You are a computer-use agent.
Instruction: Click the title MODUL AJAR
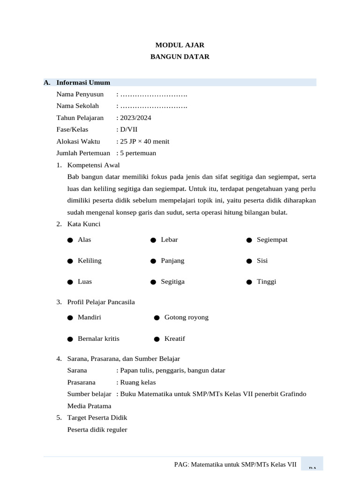(x=180, y=45)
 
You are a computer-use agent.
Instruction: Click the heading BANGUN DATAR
(x=180, y=57)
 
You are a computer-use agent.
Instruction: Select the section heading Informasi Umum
(x=83, y=82)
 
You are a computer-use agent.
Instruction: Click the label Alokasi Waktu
(x=78, y=141)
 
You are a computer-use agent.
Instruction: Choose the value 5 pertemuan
(x=138, y=153)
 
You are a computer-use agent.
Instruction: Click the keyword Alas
(x=84, y=240)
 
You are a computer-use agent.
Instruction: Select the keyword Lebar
(x=169, y=240)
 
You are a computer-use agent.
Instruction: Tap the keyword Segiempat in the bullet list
(x=272, y=240)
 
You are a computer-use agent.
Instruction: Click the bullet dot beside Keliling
(x=70, y=261)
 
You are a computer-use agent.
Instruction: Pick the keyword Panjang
(x=172, y=261)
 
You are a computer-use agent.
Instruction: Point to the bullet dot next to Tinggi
(x=249, y=282)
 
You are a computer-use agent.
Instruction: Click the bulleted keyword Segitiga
(x=172, y=282)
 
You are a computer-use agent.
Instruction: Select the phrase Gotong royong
(x=186, y=317)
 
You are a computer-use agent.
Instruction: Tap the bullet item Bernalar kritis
(x=98, y=338)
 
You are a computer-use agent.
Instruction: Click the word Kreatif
(x=175, y=338)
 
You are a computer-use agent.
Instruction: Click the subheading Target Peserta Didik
(x=97, y=417)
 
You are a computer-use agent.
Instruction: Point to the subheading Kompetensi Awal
(x=93, y=165)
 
